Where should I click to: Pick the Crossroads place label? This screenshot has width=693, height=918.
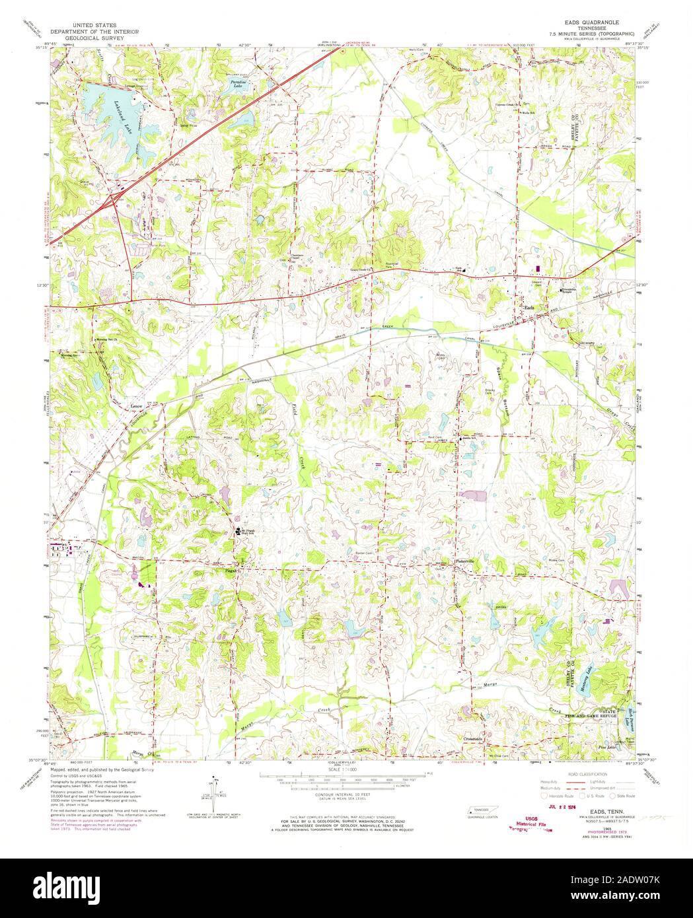tap(473, 738)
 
